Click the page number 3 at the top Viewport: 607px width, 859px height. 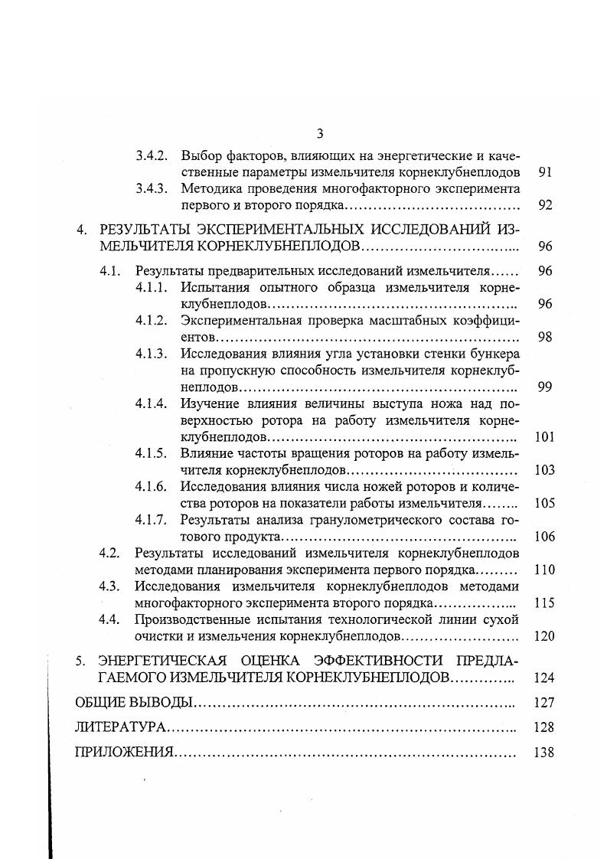[319, 135]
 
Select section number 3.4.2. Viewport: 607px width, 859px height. [152, 155]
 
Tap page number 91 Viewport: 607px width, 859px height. [545, 172]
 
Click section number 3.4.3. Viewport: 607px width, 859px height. [152, 188]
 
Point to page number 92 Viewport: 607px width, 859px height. [545, 205]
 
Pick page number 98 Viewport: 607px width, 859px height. [545, 337]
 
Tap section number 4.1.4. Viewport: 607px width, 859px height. [152, 403]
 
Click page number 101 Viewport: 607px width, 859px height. [544, 437]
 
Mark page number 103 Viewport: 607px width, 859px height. [544, 470]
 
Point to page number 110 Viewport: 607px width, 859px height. [544, 570]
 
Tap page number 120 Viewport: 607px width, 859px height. [544, 635]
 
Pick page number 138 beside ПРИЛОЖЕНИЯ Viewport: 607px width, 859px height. [544, 752]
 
